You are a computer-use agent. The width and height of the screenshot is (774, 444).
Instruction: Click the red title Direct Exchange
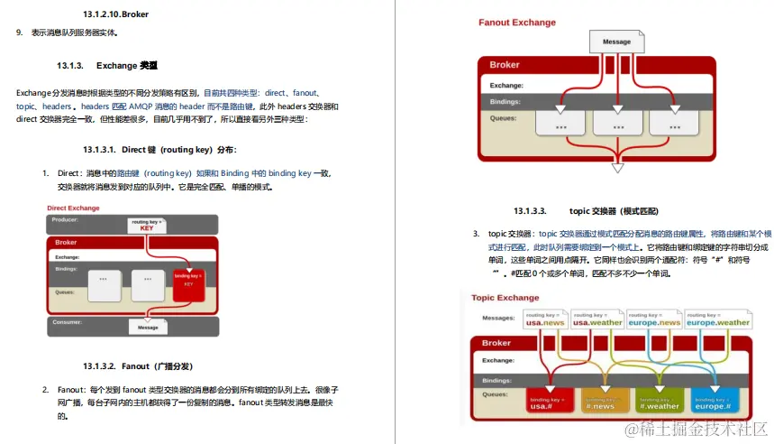point(73,208)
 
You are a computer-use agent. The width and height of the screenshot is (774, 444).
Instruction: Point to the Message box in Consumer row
point(147,327)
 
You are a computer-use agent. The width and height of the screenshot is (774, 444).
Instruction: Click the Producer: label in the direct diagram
point(65,219)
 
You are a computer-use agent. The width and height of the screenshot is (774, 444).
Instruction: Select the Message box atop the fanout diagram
point(616,42)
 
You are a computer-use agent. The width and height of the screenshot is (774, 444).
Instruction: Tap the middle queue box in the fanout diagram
point(618,126)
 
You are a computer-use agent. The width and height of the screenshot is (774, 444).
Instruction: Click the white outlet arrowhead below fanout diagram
point(617,167)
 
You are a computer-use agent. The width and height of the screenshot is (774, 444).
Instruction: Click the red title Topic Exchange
point(505,298)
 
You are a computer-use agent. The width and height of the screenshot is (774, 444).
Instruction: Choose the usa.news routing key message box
point(544,320)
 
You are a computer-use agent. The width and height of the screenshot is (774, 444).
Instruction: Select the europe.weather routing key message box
point(717,320)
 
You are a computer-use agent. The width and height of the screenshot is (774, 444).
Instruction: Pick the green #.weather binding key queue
point(659,402)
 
